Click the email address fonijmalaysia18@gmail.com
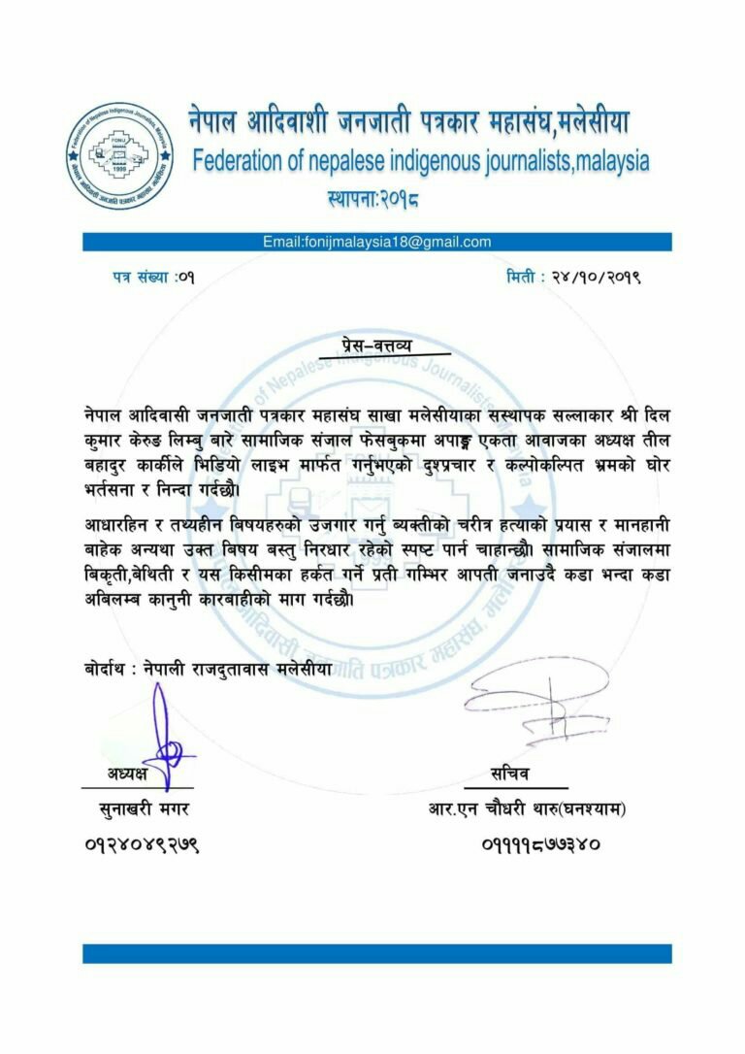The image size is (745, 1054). click(x=377, y=242)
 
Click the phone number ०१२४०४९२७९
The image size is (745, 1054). click(x=142, y=844)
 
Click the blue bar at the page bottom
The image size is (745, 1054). click(x=377, y=953)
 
